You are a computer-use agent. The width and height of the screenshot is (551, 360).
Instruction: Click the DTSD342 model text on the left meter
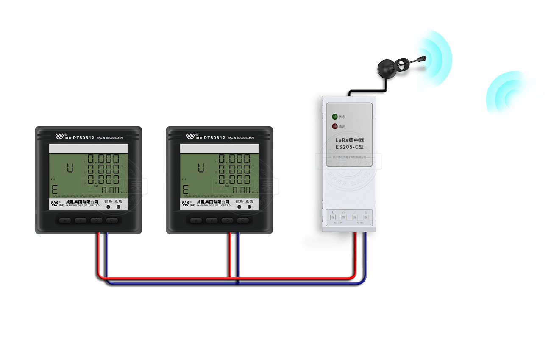point(83,137)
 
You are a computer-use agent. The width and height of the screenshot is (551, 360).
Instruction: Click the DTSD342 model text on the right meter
point(214,137)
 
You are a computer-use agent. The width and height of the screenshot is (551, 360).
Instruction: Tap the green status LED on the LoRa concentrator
point(334,116)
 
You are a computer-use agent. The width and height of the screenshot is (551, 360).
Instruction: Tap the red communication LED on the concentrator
point(334,126)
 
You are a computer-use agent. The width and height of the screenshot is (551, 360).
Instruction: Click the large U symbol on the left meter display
point(70,168)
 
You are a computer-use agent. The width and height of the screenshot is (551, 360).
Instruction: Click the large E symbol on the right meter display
point(185,190)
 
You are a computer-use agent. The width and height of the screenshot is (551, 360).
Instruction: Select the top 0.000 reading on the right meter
point(234,159)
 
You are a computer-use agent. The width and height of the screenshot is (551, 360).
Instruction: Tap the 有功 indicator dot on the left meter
point(109,207)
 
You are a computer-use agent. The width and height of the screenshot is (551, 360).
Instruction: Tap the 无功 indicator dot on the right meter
point(249,207)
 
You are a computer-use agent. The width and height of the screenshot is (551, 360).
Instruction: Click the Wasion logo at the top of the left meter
point(59,137)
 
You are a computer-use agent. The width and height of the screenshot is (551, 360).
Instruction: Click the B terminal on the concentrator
point(366,217)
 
